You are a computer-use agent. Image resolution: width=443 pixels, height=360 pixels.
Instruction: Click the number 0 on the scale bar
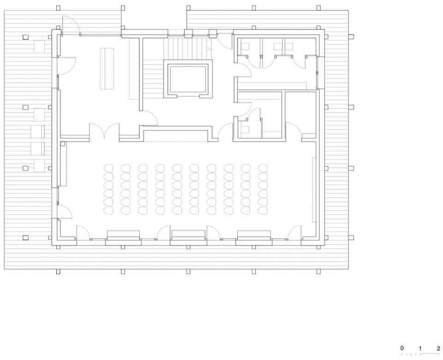(402, 348)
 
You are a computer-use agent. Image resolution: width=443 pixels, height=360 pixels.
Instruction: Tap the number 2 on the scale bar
(438, 348)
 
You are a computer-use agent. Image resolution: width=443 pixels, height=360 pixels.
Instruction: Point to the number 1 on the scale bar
(420, 348)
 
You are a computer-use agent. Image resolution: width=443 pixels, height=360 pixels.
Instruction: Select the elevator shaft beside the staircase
(188, 79)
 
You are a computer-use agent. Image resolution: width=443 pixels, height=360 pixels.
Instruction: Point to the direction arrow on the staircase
(209, 49)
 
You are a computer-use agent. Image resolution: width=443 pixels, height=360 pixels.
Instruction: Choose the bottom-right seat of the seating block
(263, 210)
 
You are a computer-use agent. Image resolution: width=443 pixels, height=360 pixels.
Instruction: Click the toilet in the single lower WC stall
(245, 130)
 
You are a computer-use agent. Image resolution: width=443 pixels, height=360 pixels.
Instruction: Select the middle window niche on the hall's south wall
(188, 236)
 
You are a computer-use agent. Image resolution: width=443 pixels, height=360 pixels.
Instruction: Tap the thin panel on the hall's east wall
(314, 190)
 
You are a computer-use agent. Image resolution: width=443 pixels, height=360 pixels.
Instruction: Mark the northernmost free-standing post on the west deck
(25, 37)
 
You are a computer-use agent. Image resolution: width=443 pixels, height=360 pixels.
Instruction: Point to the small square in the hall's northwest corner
(63, 144)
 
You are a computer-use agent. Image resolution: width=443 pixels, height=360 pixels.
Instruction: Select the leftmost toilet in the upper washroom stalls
(245, 46)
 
